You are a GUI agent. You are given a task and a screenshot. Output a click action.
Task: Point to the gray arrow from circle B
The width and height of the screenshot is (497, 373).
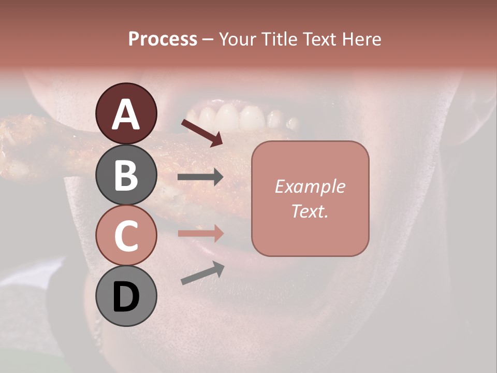click(200, 178)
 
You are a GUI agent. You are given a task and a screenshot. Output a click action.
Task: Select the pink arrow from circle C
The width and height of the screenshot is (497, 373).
click(200, 233)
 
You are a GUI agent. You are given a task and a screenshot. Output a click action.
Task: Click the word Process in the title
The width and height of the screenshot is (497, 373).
click(163, 39)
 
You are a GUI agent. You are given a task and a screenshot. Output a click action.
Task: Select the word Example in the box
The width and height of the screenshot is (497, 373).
click(310, 187)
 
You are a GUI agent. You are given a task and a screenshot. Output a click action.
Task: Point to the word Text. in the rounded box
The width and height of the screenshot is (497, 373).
click(310, 211)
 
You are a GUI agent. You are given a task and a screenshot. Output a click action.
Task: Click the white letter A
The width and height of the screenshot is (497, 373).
click(126, 114)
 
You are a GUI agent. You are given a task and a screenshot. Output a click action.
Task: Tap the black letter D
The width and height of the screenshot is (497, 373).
click(126, 297)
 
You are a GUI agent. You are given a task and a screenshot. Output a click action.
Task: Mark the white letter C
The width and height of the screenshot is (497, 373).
click(126, 236)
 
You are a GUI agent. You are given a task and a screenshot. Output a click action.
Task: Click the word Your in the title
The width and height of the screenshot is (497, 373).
click(238, 39)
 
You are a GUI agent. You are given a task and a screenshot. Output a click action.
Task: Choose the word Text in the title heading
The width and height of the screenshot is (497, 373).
click(317, 39)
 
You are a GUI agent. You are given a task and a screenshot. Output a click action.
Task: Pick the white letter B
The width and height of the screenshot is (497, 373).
click(126, 175)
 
